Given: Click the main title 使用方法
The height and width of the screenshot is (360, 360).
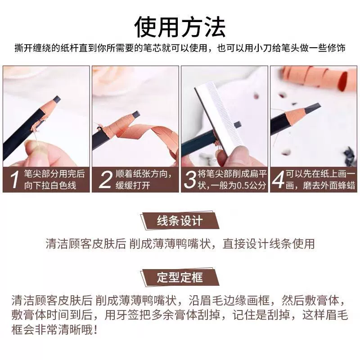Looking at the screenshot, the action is coord(180,27).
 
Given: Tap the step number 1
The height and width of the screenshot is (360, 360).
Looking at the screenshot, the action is coord(15,180).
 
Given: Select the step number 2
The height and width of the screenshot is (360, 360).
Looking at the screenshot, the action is coord(105,180).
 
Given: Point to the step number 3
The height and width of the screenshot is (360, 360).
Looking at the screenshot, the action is coord(190,180).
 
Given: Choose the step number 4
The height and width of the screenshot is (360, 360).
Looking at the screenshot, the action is coord(278,180).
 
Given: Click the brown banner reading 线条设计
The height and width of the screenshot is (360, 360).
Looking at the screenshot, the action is coord(180,221).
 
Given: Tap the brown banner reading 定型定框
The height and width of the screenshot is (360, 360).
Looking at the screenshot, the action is coord(180,277).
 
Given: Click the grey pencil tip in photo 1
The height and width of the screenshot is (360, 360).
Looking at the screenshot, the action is coord(57,99).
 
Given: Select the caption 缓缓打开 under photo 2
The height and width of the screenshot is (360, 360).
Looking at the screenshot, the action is coord(133,185).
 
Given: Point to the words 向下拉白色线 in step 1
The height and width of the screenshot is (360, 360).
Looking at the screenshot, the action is coord(50,185).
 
